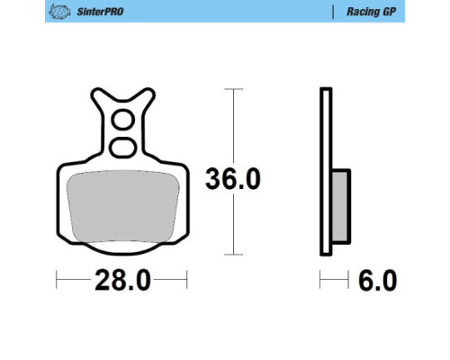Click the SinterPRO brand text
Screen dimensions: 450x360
click(100, 12)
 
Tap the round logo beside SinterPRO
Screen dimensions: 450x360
click(59, 12)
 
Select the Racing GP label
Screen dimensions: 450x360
click(372, 12)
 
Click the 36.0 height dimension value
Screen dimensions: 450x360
click(233, 179)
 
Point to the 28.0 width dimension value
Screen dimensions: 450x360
click(122, 281)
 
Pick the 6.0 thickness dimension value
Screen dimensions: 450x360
click(378, 281)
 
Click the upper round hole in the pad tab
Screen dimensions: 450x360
click(123, 120)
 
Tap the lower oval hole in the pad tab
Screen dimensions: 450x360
click(123, 148)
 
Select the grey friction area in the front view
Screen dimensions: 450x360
click(123, 206)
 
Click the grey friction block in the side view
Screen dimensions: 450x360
click(340, 206)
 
